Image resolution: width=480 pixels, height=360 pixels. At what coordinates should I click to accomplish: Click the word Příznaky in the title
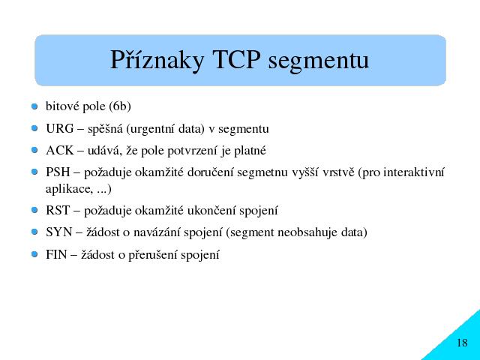point(157,60)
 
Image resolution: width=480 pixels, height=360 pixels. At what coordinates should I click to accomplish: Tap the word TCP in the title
point(236,59)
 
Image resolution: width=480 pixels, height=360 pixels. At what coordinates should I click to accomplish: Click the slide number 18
point(462,343)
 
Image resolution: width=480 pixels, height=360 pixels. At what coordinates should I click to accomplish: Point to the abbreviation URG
point(60,128)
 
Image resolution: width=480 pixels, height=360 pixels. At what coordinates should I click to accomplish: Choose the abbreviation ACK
point(60,150)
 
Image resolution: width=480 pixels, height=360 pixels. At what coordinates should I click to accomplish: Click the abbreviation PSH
point(58,172)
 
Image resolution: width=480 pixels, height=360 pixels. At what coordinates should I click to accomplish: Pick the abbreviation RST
point(58,210)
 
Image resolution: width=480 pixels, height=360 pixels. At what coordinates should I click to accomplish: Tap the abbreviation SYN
point(58,232)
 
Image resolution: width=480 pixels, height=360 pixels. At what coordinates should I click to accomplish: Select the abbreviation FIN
point(56,254)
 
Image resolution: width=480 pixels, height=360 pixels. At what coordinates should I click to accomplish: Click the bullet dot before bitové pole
point(34,106)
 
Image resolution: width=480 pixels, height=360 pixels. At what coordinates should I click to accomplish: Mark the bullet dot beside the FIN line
point(34,254)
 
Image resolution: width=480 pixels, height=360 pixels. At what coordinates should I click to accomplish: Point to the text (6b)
point(120,106)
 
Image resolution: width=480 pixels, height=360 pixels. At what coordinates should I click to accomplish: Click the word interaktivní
point(413,172)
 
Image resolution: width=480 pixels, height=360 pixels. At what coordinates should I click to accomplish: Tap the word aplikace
point(69,189)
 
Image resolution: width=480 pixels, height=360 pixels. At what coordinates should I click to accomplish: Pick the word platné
point(250,151)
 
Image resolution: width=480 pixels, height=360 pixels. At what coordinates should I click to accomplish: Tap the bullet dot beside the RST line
point(34,210)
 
